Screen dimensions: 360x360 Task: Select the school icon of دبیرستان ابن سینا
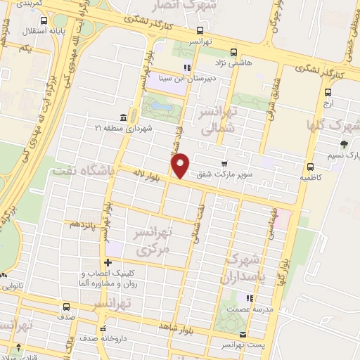(x=187, y=68)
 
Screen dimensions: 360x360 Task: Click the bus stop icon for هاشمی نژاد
(x=235, y=51)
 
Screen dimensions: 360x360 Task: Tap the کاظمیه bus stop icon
(x=310, y=167)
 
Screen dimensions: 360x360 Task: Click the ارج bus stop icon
(x=328, y=91)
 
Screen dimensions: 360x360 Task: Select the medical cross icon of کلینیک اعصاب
(x=108, y=263)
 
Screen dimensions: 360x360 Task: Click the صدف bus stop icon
(x=66, y=307)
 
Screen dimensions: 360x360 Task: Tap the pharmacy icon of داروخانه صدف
(x=103, y=328)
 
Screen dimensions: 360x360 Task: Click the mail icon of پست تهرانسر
(x=243, y=335)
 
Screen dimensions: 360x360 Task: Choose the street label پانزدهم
(x=83, y=224)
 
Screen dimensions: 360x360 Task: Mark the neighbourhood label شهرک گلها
(x=331, y=126)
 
